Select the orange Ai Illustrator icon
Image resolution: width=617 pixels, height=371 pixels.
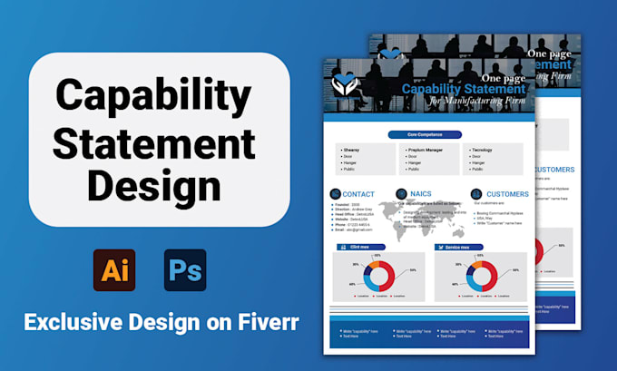click(114, 269)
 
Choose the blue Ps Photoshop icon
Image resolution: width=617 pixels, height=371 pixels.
click(185, 269)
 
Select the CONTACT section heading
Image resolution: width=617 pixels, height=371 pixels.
click(358, 193)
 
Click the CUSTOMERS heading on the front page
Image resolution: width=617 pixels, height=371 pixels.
click(507, 193)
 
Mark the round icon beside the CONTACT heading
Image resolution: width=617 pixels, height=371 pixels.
click(335, 193)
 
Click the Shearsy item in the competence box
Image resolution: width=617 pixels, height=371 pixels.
click(350, 149)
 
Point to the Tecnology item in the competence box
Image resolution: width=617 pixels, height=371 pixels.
click(482, 149)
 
